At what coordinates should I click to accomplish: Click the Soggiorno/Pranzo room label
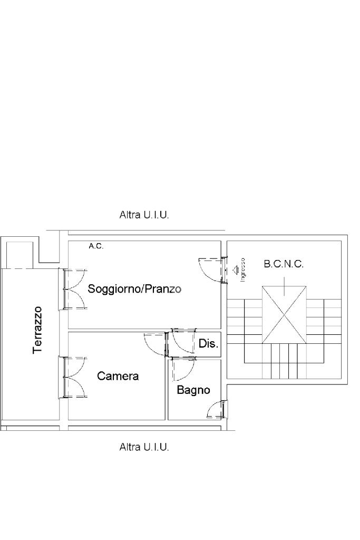(134, 289)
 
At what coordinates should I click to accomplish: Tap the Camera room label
(118, 376)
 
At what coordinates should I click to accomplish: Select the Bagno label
(193, 390)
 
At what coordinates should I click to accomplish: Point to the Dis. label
(208, 344)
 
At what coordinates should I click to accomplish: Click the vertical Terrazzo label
(37, 330)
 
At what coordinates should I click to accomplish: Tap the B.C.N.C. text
(284, 264)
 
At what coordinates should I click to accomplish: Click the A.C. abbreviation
(95, 246)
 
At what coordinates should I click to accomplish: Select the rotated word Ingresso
(242, 269)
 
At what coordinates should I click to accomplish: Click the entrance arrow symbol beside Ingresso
(235, 269)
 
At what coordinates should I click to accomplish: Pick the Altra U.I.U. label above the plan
(144, 215)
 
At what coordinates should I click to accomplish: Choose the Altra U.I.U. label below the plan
(144, 447)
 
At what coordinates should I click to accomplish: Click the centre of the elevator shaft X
(284, 315)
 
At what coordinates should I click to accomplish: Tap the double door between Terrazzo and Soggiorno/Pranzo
(74, 289)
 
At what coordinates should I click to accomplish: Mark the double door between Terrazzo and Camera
(74, 377)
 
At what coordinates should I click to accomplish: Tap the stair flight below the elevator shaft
(284, 361)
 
